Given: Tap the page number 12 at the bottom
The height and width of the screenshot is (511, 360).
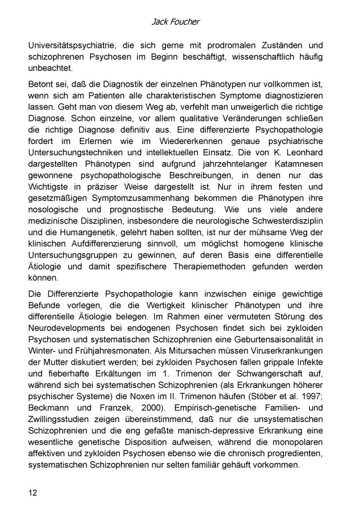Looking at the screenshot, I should [34, 494].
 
